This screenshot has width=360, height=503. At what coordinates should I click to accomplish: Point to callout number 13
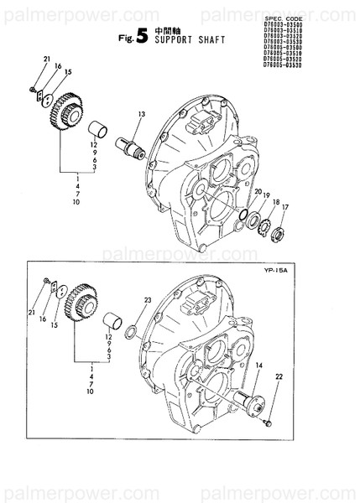[142, 113]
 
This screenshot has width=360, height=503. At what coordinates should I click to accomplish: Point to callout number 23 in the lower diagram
[147, 300]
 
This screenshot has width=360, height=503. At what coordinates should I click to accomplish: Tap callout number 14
[258, 365]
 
